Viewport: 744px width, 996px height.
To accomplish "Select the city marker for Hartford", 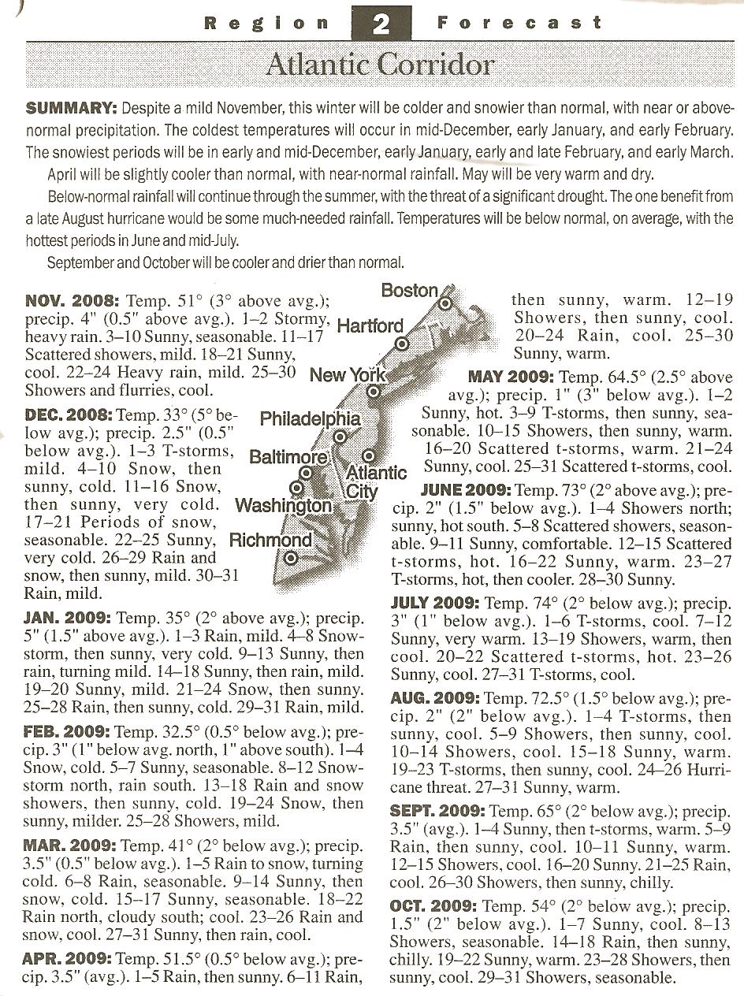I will [402, 344].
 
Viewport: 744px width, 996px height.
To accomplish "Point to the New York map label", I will [347, 375].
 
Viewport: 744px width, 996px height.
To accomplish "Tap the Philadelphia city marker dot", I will [340, 436].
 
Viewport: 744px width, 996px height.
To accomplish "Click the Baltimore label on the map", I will [288, 457].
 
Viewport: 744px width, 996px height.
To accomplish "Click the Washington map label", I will [284, 505].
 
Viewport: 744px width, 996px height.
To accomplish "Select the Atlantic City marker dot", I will [368, 456].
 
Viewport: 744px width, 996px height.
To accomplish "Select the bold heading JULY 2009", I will [435, 604].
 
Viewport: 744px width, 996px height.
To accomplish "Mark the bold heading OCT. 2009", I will [433, 906].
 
